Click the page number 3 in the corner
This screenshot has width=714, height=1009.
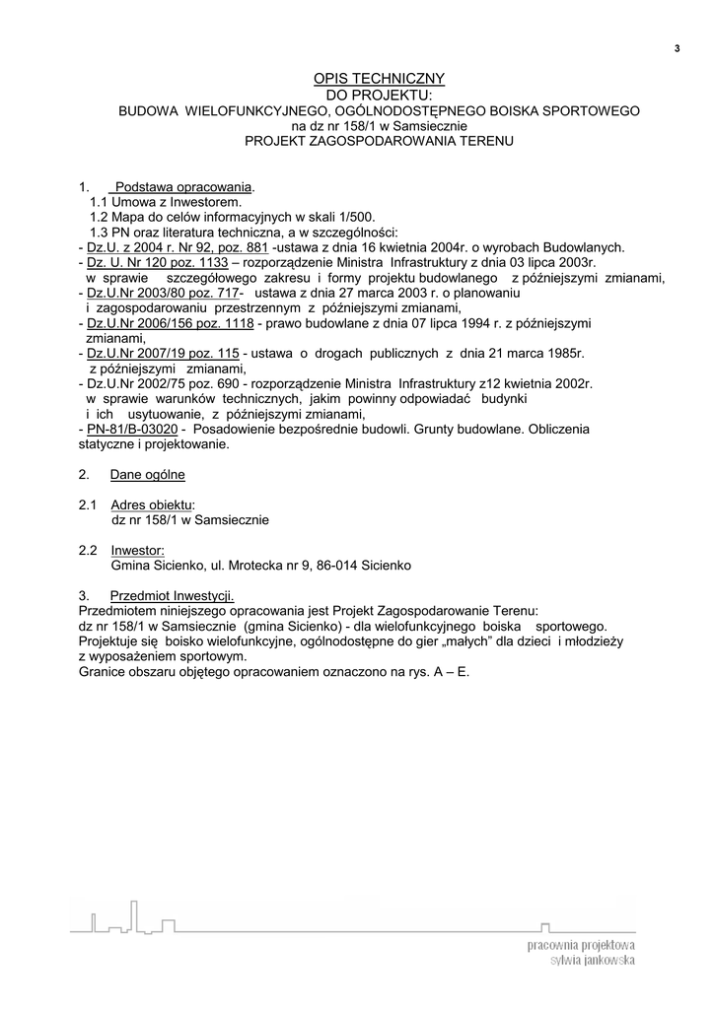pos(678,48)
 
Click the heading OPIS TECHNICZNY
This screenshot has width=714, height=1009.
pos(380,78)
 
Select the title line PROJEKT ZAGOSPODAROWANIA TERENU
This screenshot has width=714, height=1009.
pos(380,141)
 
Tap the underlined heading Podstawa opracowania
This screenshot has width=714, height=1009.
pos(182,186)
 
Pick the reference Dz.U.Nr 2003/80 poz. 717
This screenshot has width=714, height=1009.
pos(164,294)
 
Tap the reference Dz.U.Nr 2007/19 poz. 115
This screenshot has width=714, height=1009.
pos(164,353)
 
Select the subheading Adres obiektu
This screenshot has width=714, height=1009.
pos(152,504)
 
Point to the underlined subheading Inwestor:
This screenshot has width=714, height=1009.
pos(137,550)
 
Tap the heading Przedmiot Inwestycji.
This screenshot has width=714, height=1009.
pos(172,596)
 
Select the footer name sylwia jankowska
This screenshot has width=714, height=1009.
pos(592,960)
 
